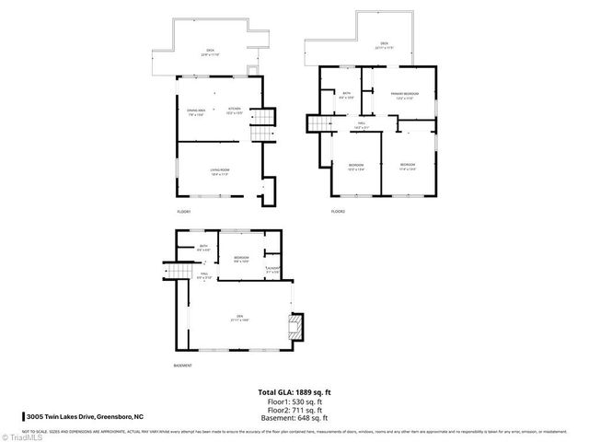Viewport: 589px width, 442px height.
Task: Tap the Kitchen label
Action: pos(235,112)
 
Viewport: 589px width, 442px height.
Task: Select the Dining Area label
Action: pos(196,112)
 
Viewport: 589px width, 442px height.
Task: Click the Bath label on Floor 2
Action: pos(347,95)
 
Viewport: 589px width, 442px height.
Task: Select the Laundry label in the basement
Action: pos(272,271)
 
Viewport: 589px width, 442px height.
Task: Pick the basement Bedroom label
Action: pos(241,259)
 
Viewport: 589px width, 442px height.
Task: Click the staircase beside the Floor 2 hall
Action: pos(318,125)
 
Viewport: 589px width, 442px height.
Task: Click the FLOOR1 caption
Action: pos(184,213)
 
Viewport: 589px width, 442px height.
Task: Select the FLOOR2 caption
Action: pos(338,213)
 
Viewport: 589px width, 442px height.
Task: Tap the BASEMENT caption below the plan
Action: pos(183,366)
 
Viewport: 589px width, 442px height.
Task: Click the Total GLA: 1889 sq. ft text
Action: pos(294,393)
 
